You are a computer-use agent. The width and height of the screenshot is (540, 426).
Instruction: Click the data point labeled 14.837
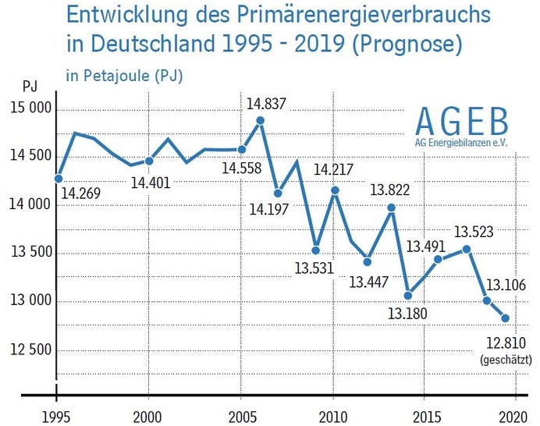261,121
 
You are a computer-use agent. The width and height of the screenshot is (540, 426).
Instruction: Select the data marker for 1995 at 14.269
58,178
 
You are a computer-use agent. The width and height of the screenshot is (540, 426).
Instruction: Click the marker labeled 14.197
278,193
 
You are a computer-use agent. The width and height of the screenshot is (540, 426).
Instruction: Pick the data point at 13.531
315,250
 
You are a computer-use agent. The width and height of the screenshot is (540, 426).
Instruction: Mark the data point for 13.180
408,295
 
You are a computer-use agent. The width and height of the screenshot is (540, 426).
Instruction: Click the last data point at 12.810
506,318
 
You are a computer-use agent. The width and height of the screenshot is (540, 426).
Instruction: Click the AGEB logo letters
461,122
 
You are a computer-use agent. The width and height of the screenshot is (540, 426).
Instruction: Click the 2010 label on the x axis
333,414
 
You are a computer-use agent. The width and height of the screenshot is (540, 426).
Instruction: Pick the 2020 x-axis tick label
516,414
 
